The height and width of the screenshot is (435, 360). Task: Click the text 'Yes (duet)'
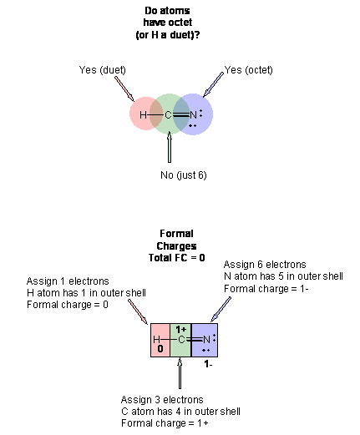coord(102,70)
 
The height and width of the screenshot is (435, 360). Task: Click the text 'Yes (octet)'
coord(249,70)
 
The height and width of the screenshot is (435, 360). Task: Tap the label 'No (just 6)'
coord(184,175)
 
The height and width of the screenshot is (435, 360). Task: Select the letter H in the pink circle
coord(143,114)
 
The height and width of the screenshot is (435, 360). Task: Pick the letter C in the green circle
coord(168,114)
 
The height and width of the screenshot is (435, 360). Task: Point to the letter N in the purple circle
coord(193,114)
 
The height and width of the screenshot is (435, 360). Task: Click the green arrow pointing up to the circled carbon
coord(170,147)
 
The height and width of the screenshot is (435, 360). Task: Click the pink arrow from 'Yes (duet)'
coord(124,89)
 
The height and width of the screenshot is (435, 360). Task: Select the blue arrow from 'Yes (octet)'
coord(213,84)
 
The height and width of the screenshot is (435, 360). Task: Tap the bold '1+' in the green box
coord(180,330)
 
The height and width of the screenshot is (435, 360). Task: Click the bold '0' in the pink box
coord(160,349)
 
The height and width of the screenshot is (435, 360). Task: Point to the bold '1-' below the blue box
coord(208,364)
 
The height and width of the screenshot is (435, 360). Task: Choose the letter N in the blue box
coord(206,340)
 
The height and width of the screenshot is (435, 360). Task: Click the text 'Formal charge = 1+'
coord(165,423)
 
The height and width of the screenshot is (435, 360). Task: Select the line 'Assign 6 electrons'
coord(265,264)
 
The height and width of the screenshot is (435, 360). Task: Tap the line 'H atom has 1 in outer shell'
coord(86,293)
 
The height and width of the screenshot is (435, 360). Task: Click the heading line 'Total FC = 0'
coord(176,258)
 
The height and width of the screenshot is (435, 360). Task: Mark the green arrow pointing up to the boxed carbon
coord(180,373)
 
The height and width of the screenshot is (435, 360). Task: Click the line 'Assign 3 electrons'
coord(162,400)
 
